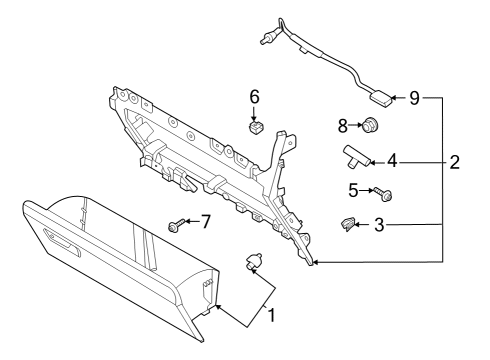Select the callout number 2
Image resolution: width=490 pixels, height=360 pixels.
coord(454,161)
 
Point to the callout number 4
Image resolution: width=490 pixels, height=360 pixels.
coord(393,159)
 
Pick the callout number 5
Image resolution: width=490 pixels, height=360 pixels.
coord(352,188)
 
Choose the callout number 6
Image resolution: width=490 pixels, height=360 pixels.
coord(254,97)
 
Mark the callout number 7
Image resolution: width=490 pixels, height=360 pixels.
coord(206,221)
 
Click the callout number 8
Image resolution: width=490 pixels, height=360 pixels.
coord(342,126)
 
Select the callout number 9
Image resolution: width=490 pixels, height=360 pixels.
coord(414,98)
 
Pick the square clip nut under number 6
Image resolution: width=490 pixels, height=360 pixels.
coord(257,128)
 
